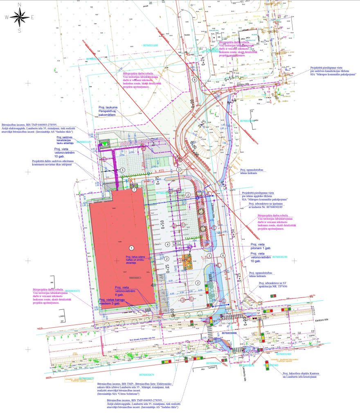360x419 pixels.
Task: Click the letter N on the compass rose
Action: pyautogui.click(x=19, y=5)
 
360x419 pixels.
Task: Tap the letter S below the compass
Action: pyautogui.click(x=19, y=30)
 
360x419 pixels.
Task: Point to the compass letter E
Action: pyautogui.click(x=33, y=17)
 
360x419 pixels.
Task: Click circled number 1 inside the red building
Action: pyautogui.click(x=131, y=248)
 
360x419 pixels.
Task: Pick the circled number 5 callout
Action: pyautogui.click(x=122, y=169)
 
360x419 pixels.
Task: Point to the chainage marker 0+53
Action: pyautogui.click(x=229, y=79)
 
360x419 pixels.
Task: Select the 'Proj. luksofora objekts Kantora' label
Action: pyautogui.click(x=301, y=375)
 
